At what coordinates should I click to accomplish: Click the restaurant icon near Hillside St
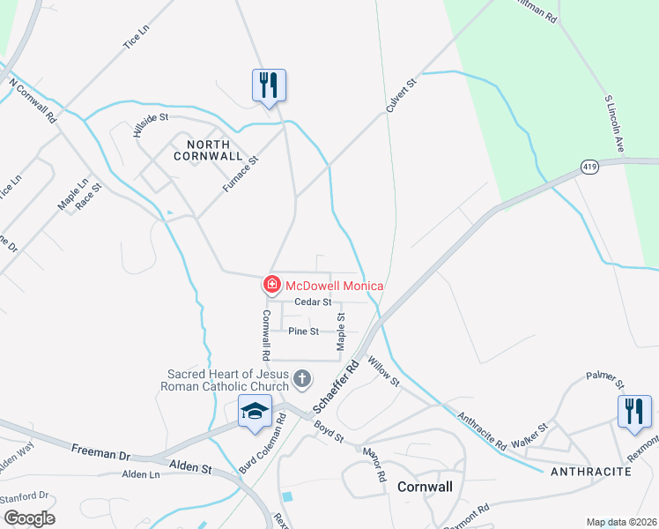coord(270,86)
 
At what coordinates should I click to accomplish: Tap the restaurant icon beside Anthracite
coord(634,412)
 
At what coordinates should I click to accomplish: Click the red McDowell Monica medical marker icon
coord(272,285)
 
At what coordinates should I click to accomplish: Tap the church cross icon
coord(301,380)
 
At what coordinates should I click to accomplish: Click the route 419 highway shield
coord(590,166)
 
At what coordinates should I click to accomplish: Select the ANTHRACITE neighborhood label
coord(591,473)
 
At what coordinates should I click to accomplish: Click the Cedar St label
coord(312,302)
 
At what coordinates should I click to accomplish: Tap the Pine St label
coord(303,332)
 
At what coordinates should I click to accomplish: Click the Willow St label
coord(384,371)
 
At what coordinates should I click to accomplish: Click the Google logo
coord(28,518)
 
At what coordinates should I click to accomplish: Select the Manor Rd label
coord(374,465)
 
